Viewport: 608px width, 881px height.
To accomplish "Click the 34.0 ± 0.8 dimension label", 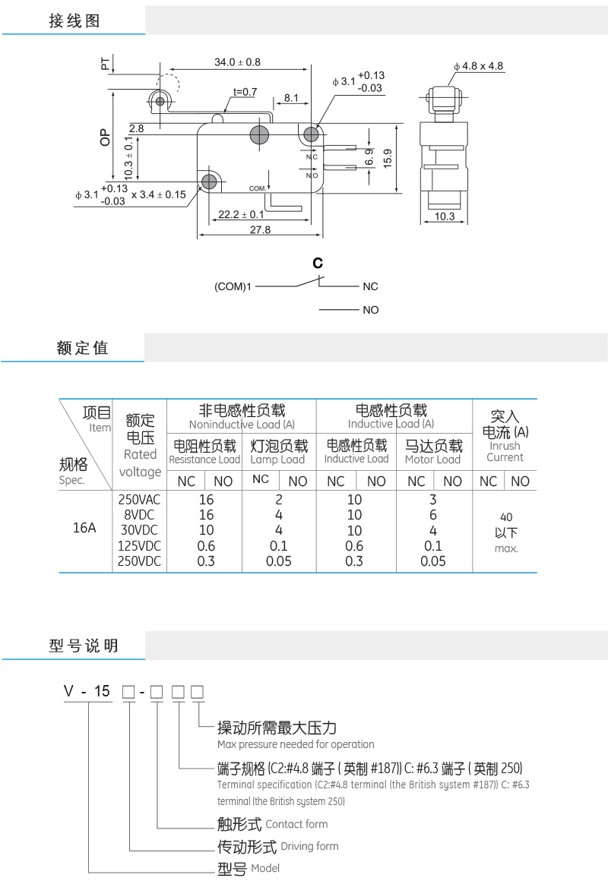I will [x=237, y=62].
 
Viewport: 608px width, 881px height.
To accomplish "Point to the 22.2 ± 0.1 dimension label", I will [x=241, y=215].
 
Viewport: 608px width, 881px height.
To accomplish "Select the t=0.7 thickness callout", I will [x=245, y=92].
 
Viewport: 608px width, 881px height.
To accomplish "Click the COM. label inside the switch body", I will [x=258, y=188].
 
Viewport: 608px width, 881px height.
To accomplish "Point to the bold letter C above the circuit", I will [x=318, y=264].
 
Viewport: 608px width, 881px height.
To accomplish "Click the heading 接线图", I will [x=74, y=21].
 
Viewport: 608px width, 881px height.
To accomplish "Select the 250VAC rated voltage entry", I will [x=140, y=500].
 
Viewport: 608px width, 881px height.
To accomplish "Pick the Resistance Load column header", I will [x=204, y=459].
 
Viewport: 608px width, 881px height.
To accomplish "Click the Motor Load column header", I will [x=432, y=459].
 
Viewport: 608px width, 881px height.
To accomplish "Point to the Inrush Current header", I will [x=505, y=451].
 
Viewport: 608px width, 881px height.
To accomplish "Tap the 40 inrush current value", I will [x=505, y=516].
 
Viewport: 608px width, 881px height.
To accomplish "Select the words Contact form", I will [x=296, y=824].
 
